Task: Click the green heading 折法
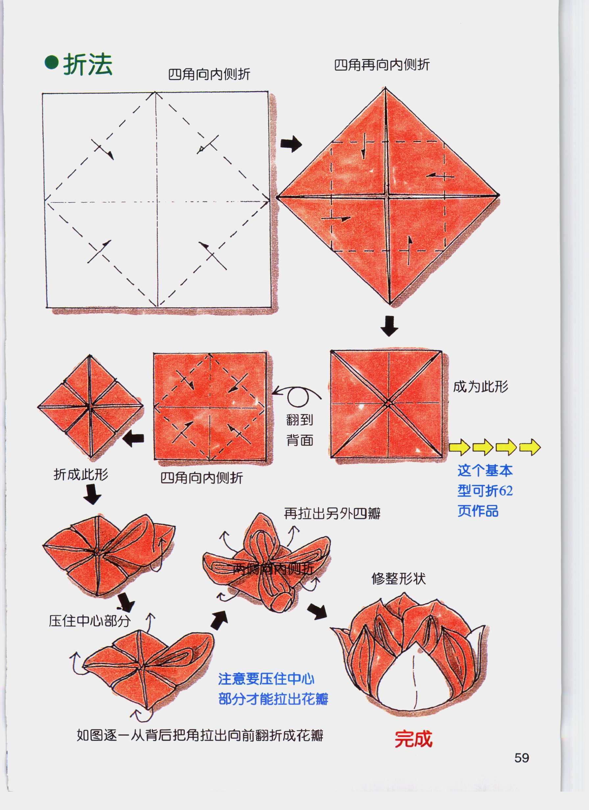(x=88, y=65)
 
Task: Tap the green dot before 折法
(x=51, y=62)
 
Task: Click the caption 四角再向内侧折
(x=382, y=65)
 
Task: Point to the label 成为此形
(x=481, y=387)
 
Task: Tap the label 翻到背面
(x=300, y=430)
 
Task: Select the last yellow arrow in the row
(x=530, y=447)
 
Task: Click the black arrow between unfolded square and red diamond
(x=291, y=144)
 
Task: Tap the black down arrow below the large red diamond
(x=389, y=326)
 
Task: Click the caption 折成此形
(x=81, y=474)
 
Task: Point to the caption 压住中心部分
(x=90, y=621)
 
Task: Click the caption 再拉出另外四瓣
(x=332, y=513)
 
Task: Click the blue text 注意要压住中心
(x=266, y=679)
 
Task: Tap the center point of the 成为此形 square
(x=388, y=404)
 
